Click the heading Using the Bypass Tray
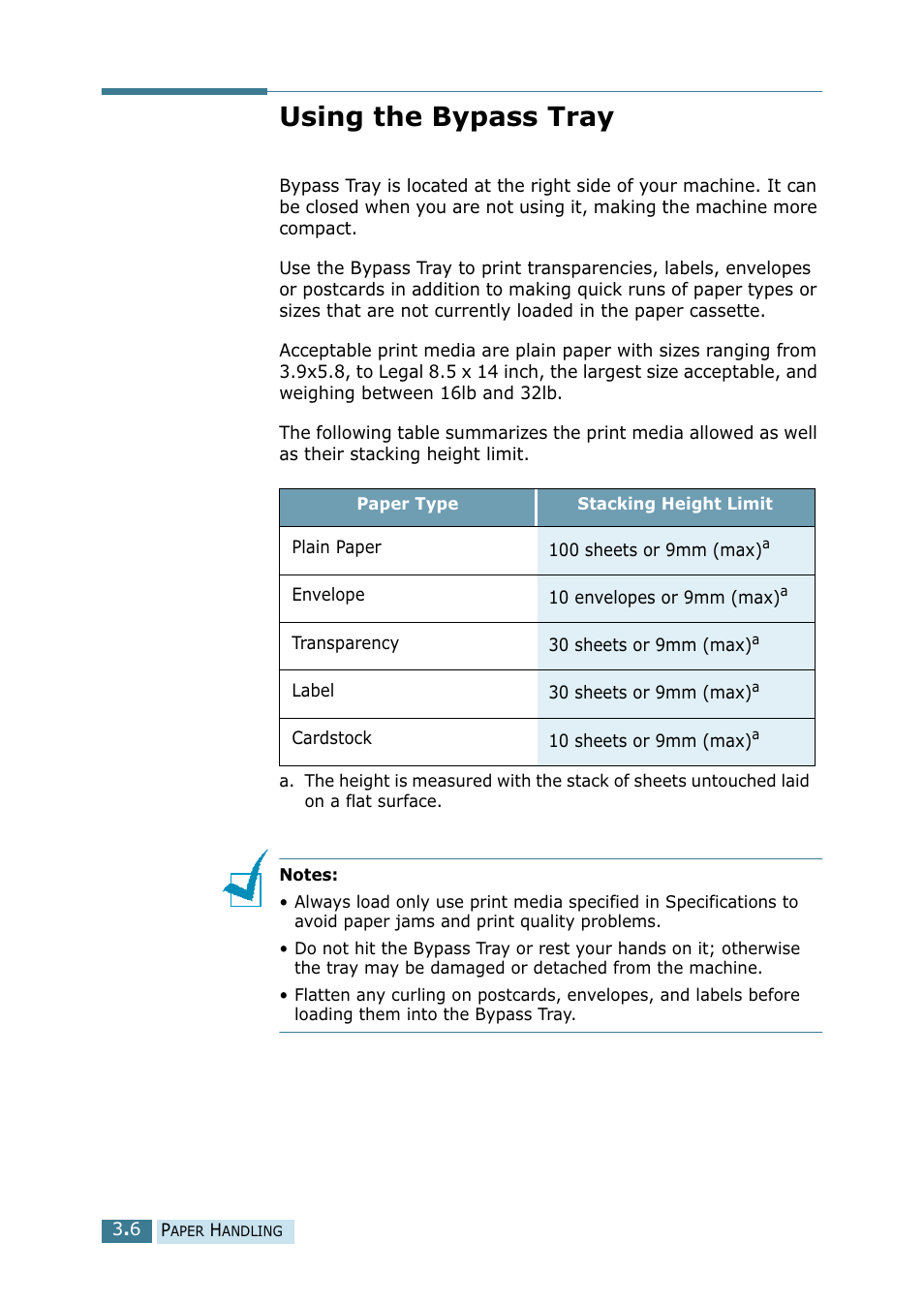(447, 117)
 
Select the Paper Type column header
(407, 504)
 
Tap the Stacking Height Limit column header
(674, 504)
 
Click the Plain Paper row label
(336, 547)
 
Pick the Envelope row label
(328, 595)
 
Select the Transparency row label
(345, 643)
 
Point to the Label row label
(313, 691)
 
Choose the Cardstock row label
(331, 738)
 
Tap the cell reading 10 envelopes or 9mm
(667, 597)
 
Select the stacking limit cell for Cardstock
(654, 741)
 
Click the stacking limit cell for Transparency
(654, 645)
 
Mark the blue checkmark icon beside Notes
(246, 880)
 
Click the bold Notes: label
(308, 875)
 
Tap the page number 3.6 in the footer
(127, 1229)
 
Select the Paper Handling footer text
(222, 1230)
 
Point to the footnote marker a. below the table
(286, 781)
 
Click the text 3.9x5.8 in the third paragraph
(312, 372)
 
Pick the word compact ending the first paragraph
(317, 229)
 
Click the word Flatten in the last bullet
(323, 995)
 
